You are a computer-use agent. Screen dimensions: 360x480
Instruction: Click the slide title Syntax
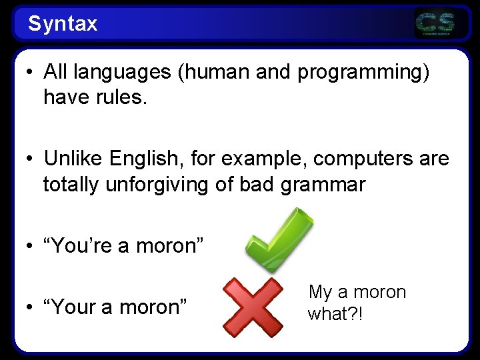click(x=63, y=24)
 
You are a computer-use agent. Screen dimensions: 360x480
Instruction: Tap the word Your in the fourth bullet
click(x=73, y=307)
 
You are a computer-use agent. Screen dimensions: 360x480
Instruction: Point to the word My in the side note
click(x=320, y=293)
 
